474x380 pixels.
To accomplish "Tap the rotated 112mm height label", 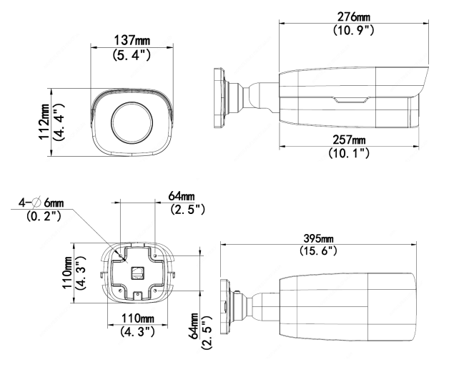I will tap(46, 121).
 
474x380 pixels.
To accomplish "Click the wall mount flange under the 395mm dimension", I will tap(225, 304).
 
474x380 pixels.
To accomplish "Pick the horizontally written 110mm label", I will tap(135, 318).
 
